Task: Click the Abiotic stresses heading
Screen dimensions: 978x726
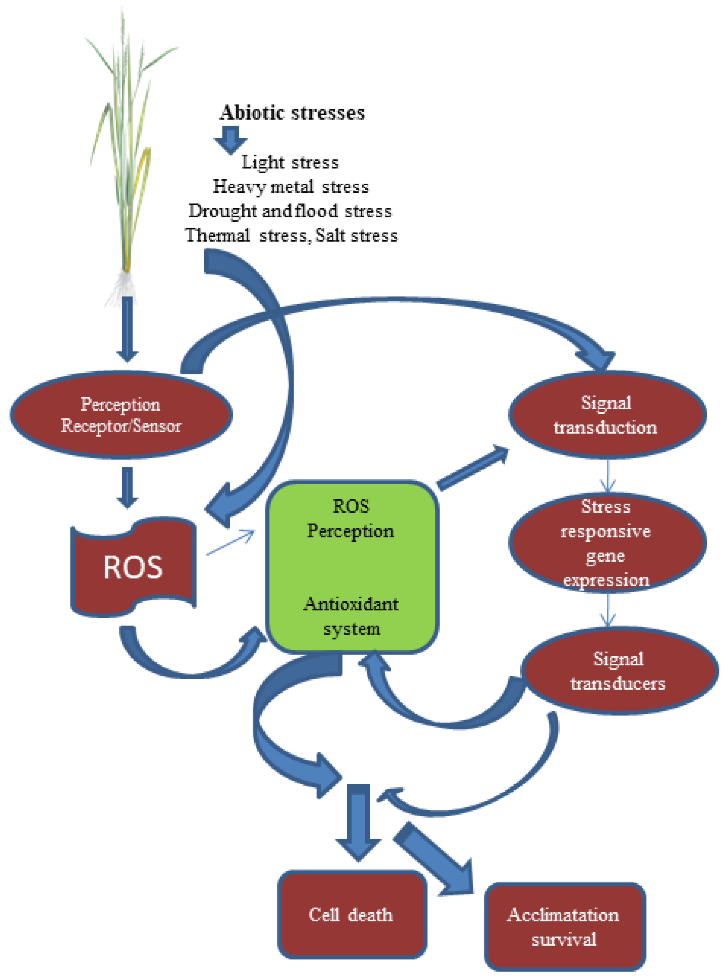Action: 292,112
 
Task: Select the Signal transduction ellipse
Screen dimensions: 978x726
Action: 607,415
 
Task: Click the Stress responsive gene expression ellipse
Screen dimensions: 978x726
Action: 607,543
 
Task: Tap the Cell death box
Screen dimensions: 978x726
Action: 352,914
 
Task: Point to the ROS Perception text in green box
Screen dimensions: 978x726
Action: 351,519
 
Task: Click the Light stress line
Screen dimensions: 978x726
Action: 290,162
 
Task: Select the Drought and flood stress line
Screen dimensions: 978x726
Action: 290,211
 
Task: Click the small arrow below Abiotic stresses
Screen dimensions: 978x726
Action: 230,139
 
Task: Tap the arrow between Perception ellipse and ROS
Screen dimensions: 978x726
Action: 127,487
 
